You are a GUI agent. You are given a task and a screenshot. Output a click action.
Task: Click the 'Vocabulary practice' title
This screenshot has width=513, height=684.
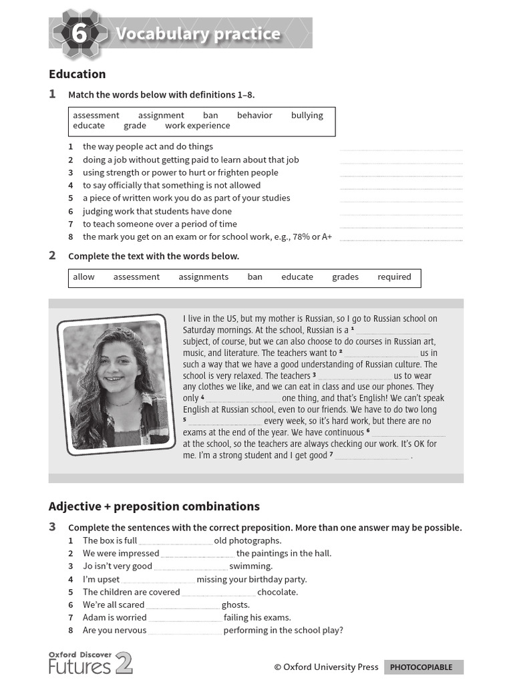pos(198,34)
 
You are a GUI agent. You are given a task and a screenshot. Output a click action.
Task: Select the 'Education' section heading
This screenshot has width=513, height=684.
pos(77,74)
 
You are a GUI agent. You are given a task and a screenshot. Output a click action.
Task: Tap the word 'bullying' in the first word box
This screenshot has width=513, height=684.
pos(307,115)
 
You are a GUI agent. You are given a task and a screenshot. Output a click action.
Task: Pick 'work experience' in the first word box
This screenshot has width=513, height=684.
pos(197,126)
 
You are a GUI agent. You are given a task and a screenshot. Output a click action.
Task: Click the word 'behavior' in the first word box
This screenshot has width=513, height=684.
pos(254,115)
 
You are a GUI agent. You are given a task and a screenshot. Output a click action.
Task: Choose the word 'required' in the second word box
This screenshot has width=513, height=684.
pos(394,277)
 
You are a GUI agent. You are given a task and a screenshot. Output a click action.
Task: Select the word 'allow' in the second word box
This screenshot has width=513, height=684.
pos(83,277)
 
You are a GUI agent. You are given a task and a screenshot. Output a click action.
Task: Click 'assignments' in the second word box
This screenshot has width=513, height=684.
pos(203,277)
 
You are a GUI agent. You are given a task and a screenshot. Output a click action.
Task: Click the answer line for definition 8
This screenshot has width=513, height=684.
pos(401,238)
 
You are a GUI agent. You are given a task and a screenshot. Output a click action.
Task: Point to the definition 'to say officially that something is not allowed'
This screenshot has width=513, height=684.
pos(172,185)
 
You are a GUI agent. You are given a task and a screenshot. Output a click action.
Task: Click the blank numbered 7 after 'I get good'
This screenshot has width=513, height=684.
pos(371,457)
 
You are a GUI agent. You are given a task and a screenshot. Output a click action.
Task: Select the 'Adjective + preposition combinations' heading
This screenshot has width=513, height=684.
pos(154,506)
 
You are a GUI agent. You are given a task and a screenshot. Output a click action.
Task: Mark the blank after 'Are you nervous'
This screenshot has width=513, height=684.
pos(185,632)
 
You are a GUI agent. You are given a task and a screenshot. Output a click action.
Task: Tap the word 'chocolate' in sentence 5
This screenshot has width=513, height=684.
pos(277,592)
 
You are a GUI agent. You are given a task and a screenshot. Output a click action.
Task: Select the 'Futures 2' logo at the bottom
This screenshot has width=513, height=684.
pos(90,663)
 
